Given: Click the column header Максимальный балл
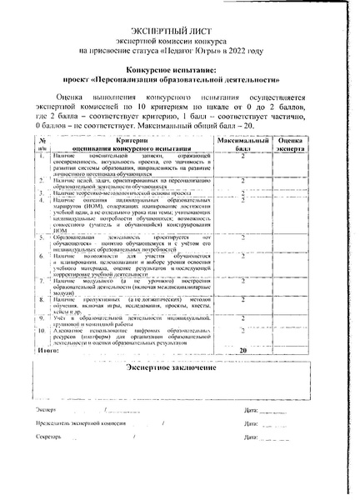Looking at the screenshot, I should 242,146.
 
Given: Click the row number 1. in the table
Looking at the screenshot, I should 41,156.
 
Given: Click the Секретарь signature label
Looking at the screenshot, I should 49,437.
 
